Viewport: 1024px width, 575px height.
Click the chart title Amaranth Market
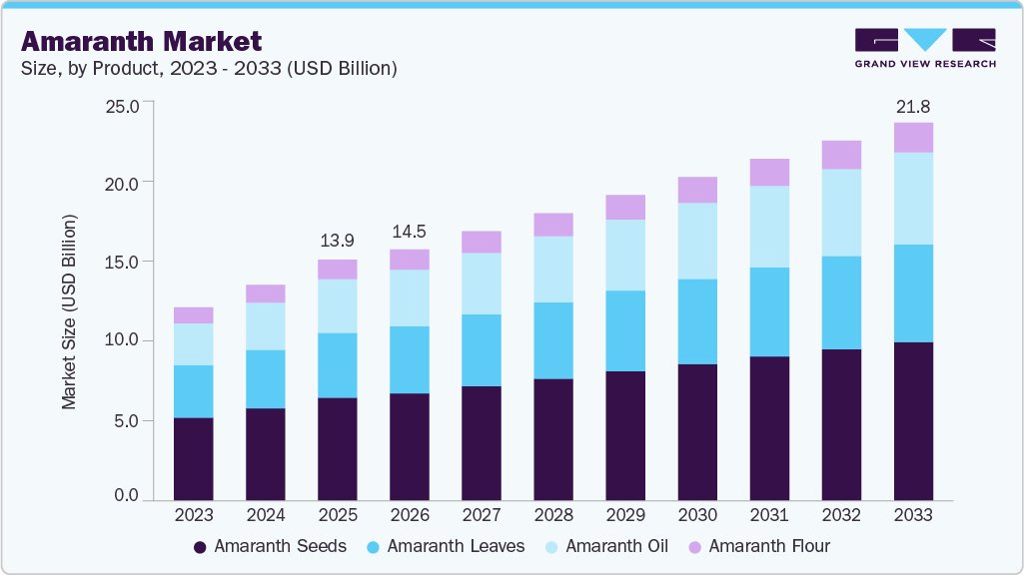click(x=141, y=41)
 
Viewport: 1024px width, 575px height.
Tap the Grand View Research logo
click(x=925, y=48)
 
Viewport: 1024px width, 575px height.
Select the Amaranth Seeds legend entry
click(x=270, y=546)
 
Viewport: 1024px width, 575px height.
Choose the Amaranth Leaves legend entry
click(x=446, y=546)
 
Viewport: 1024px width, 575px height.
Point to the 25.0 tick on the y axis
click(x=126, y=104)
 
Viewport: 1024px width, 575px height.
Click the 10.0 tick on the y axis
click(x=126, y=340)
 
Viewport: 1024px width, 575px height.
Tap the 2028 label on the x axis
click(x=553, y=515)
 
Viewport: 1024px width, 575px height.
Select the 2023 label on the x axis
click(x=193, y=515)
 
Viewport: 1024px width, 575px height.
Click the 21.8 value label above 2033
click(x=913, y=106)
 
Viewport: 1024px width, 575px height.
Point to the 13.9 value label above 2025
click(x=337, y=242)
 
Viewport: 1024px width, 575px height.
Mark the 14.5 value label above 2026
click(x=410, y=231)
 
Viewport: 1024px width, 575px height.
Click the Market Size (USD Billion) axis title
click(x=70, y=311)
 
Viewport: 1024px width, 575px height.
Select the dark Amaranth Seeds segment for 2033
click(x=913, y=420)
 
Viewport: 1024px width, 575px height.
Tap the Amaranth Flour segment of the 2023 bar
click(x=193, y=315)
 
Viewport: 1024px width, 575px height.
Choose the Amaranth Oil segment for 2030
click(x=697, y=241)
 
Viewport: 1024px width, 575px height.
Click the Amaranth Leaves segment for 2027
click(x=482, y=349)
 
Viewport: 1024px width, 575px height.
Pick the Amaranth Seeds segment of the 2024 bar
click(x=265, y=453)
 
